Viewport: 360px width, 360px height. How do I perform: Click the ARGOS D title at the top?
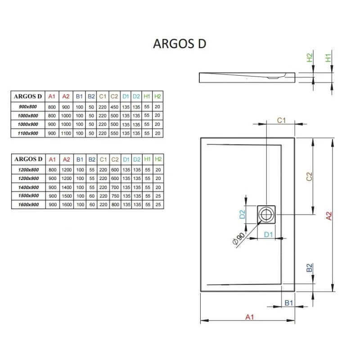pyautogui.click(x=180, y=44)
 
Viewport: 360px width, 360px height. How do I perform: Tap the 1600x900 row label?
pyautogui.click(x=28, y=205)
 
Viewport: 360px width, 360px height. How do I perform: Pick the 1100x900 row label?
pyautogui.click(x=28, y=134)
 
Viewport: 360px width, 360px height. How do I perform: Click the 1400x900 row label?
pyautogui.click(x=28, y=187)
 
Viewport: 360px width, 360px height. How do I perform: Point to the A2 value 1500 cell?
pyautogui.click(x=66, y=196)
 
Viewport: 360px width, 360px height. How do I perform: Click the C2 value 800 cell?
pyautogui.click(x=114, y=205)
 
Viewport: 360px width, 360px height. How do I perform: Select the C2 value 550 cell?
pyautogui.click(x=114, y=134)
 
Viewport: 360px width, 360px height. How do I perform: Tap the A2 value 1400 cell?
pyautogui.click(x=66, y=187)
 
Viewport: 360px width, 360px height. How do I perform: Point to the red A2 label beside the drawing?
pyautogui.click(x=328, y=216)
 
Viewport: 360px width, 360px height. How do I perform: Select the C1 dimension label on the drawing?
pyautogui.click(x=282, y=120)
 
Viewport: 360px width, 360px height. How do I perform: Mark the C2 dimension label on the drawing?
pyautogui.click(x=309, y=176)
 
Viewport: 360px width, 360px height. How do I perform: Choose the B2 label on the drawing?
pyautogui.click(x=310, y=269)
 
